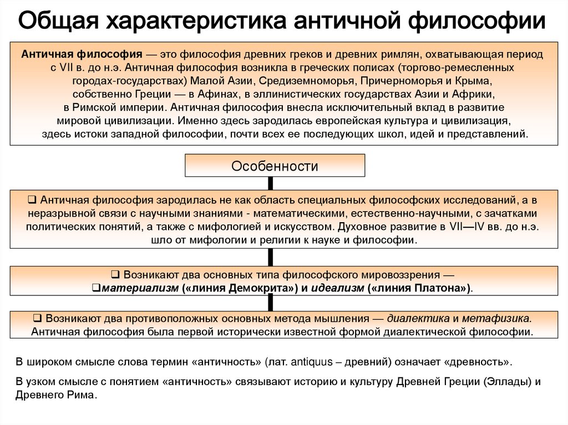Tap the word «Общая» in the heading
[59, 21]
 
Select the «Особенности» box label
[275, 166]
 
